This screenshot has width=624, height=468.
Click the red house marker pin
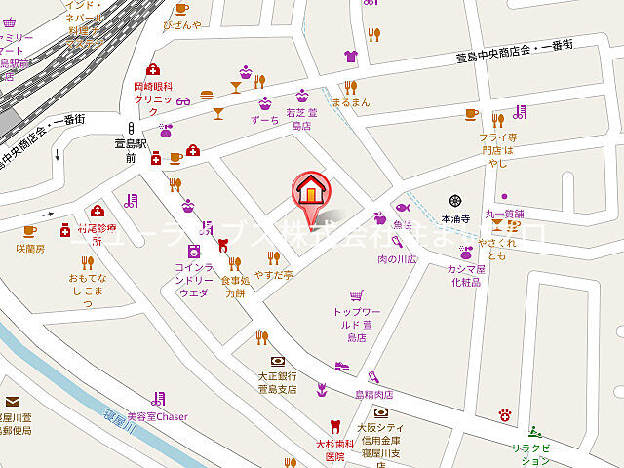tap(310, 189)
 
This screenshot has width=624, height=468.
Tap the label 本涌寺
tap(455, 219)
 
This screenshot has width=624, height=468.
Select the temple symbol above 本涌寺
tap(455, 201)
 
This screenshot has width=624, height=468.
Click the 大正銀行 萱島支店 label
tap(277, 381)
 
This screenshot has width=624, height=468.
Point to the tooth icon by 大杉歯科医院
tap(335, 425)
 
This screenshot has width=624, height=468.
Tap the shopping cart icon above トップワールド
tap(356, 293)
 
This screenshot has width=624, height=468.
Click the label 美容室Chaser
tap(157, 416)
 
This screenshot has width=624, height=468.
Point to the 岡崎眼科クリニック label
tap(153, 93)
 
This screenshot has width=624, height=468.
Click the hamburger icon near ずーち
tap(207, 95)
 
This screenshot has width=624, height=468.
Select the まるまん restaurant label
tap(350, 101)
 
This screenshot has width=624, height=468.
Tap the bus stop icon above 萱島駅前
tap(129, 127)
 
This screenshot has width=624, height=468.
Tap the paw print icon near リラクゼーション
tap(505, 414)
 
